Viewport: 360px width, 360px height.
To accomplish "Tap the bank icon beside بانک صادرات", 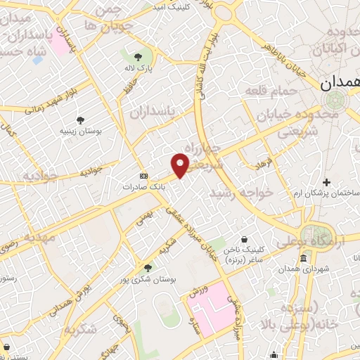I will coord(144,176).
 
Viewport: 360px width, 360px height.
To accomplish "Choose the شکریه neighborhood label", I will coord(81,330).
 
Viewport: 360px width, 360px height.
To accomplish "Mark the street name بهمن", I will coord(143,217).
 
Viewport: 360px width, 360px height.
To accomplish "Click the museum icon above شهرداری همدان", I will coord(303,259).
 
